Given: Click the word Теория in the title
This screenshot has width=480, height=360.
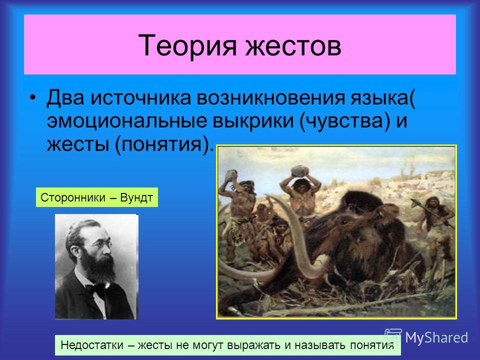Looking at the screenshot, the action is [x=187, y=45].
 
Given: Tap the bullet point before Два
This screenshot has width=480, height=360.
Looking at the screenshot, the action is [x=33, y=98].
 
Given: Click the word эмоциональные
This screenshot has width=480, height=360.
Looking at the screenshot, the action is [x=126, y=120].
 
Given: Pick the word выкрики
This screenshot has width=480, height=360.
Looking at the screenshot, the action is [x=253, y=120].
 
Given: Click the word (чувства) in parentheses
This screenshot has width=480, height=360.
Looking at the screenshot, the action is [x=345, y=120].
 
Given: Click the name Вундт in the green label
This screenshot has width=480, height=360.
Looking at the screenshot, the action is [x=136, y=198].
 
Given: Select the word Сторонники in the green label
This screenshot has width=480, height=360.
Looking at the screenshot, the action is [x=73, y=198].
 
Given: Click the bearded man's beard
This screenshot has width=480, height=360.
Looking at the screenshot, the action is [x=98, y=266].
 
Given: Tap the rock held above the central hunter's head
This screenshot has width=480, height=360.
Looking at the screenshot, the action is [x=299, y=171].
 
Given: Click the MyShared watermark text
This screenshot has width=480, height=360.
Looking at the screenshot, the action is [x=436, y=337].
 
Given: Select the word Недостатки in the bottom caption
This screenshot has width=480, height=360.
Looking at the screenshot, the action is [x=92, y=345].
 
